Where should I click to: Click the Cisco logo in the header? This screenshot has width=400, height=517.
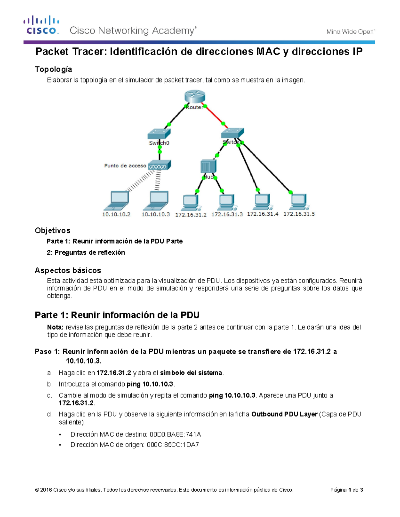coord(41,25)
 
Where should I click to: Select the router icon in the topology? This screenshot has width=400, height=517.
coord(195,97)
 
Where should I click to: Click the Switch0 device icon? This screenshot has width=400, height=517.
coord(159,134)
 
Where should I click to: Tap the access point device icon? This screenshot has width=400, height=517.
coord(159,165)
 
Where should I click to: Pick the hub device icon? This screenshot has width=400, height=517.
coord(208,166)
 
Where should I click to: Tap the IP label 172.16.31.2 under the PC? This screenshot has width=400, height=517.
coord(191,215)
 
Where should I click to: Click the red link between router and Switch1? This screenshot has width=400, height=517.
coord(214,115)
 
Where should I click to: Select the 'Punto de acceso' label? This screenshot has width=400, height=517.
coord(125,165)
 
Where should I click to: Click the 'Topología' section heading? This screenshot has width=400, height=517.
coord(53,69)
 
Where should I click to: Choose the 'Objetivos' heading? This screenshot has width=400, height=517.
coord(52,230)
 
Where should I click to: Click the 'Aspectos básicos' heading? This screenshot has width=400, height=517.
coord(68,270)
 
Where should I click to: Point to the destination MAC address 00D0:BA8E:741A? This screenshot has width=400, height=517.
coord(175,434)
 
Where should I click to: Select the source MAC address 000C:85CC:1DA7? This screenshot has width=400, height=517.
coord(173,445)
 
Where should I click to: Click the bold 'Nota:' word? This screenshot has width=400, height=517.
coord(55,327)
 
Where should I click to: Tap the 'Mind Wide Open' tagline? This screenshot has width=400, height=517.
coord(350,32)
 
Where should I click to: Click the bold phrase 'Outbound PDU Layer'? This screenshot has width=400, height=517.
coord(284,414)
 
